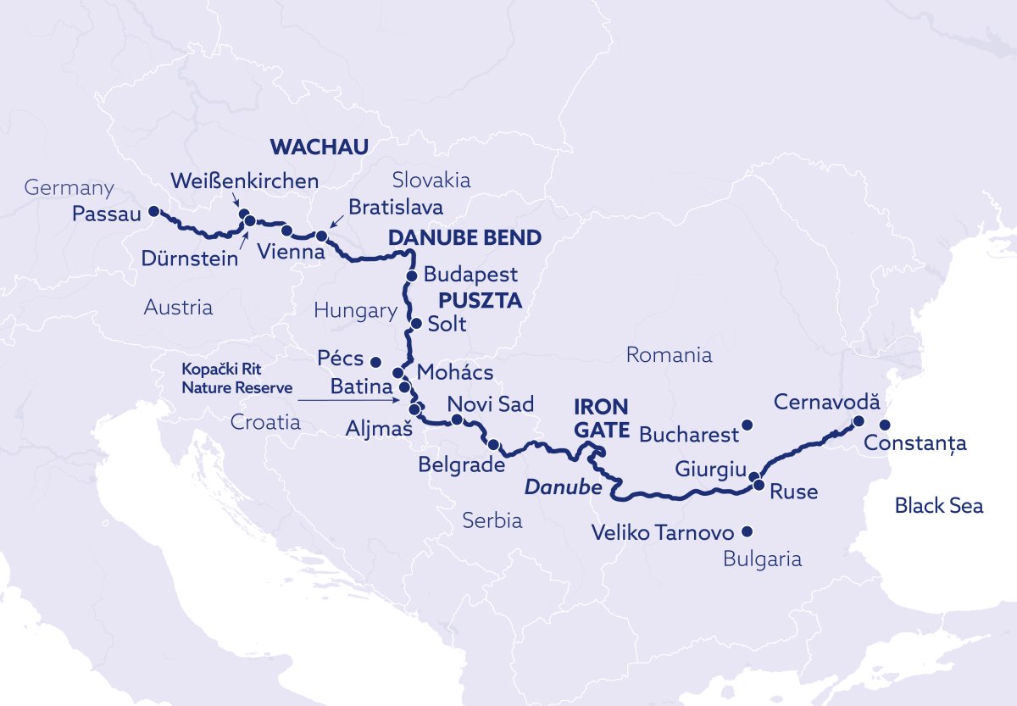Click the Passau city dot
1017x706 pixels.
(153, 211)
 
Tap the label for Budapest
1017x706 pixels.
(470, 275)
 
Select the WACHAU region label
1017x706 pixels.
(320, 147)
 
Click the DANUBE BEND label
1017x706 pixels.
(464, 238)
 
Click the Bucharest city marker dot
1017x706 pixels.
(747, 425)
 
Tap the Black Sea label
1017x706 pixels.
(939, 506)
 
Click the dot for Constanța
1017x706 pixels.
(885, 425)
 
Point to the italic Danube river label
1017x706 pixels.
(563, 489)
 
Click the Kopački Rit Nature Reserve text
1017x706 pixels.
(237, 379)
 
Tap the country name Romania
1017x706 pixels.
(669, 355)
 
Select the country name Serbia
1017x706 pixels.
(492, 521)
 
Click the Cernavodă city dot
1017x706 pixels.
(858, 420)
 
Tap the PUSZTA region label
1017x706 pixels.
(480, 301)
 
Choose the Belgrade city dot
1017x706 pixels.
(493, 444)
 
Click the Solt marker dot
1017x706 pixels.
(415, 324)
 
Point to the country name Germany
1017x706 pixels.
(69, 188)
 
